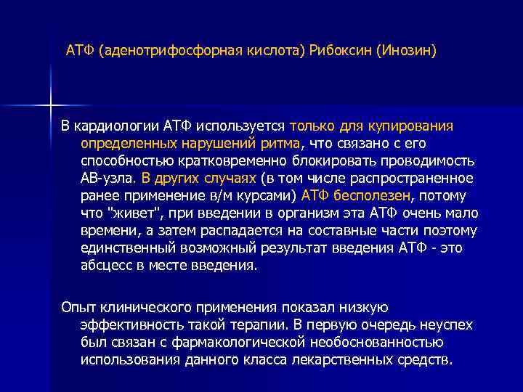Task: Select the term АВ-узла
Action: coord(107,178)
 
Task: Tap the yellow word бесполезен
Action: coord(370,195)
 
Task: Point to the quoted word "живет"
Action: coord(129,213)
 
